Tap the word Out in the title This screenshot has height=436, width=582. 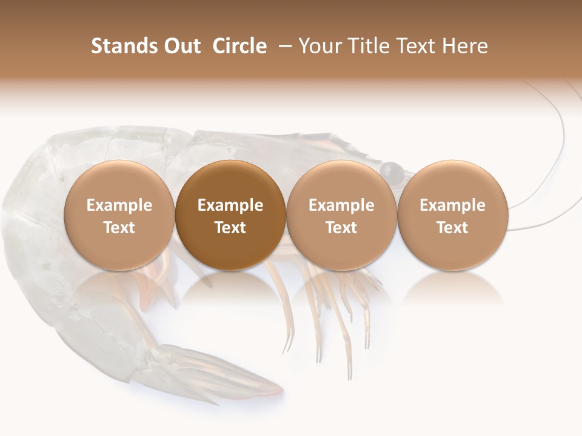pyautogui.click(x=181, y=46)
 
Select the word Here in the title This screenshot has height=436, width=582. pyautogui.click(x=466, y=46)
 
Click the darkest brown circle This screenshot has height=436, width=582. pyautogui.click(x=230, y=214)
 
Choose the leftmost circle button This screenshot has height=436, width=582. pyautogui.click(x=119, y=214)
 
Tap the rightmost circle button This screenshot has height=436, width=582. pyautogui.click(x=452, y=214)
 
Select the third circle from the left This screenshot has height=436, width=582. pyautogui.click(x=341, y=214)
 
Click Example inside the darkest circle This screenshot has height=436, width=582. pyautogui.click(x=230, y=205)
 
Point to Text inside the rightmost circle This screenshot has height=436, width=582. pyautogui.click(x=452, y=228)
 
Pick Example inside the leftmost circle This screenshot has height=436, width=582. pyautogui.click(x=119, y=205)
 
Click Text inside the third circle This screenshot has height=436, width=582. pyautogui.click(x=341, y=228)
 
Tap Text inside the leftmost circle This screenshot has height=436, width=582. pyautogui.click(x=119, y=228)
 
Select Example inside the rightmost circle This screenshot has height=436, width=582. pyautogui.click(x=452, y=205)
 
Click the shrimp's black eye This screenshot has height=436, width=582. pyautogui.click(x=392, y=173)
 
